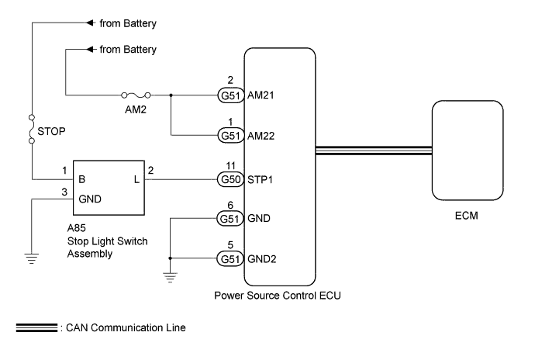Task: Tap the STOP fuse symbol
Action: click(x=32, y=130)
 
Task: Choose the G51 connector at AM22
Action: click(x=227, y=135)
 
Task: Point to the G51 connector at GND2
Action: click(x=227, y=258)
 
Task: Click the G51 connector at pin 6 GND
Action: click(x=227, y=220)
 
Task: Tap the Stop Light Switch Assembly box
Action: click(x=109, y=188)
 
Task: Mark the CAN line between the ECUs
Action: click(x=373, y=150)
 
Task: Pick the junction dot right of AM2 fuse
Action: click(x=171, y=95)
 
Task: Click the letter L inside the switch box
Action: click(x=136, y=179)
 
